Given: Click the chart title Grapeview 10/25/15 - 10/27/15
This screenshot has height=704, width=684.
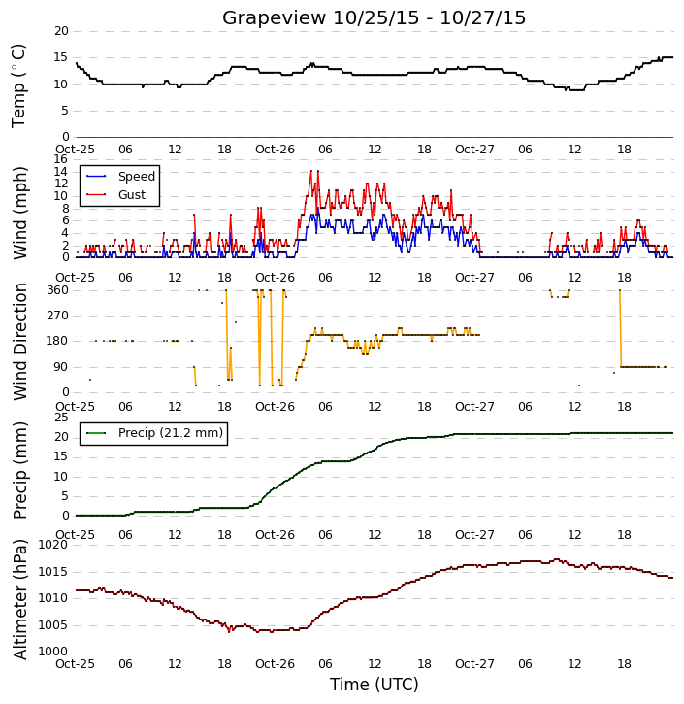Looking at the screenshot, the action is click(374, 17).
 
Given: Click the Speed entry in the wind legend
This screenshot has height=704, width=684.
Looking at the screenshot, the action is click(137, 177).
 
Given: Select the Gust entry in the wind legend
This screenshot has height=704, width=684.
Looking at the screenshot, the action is click(132, 195).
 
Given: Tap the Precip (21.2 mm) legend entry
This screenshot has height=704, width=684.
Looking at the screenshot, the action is click(171, 433).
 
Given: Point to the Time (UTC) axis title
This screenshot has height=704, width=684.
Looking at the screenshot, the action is click(375, 685).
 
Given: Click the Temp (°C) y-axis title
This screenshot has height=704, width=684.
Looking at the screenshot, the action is click(18, 85).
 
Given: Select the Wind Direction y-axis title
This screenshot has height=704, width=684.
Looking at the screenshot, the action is click(19, 342).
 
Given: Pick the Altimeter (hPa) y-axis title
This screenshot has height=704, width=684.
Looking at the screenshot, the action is click(19, 599).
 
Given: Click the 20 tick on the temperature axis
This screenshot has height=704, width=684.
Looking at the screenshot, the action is click(61, 31).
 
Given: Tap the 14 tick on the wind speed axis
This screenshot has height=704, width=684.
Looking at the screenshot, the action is click(60, 172).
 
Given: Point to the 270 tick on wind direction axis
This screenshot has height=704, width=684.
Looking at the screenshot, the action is click(58, 316).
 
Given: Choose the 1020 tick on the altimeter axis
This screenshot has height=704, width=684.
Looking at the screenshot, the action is click(53, 545).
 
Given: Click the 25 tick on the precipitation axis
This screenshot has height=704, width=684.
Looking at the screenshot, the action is click(61, 418).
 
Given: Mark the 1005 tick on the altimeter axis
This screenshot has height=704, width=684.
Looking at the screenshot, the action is click(53, 625).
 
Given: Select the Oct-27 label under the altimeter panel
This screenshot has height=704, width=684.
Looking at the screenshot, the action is click(474, 664).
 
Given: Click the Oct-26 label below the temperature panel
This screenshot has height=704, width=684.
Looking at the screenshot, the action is click(275, 150).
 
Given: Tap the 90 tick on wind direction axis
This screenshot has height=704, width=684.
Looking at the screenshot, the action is click(61, 367).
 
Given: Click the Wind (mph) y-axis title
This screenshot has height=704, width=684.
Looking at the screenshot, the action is click(19, 214).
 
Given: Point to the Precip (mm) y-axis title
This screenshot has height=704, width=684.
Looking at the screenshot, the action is click(19, 471).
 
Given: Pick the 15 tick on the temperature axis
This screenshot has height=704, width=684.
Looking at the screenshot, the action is click(61, 57).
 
